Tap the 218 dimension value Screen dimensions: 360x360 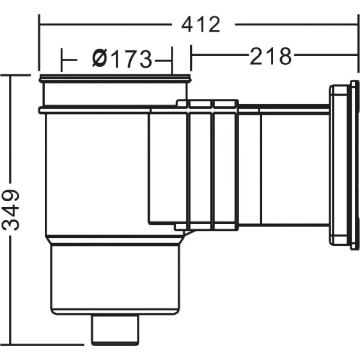[x=271, y=56]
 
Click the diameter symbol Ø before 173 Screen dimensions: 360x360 [x=100, y=59]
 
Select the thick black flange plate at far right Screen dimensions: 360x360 [x=354, y=165]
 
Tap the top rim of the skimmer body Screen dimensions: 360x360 [x=115, y=79]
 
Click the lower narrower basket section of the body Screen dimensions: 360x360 [x=115, y=278]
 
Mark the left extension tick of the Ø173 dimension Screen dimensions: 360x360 [x=62, y=60]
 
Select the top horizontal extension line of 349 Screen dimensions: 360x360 [x=15, y=75]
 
